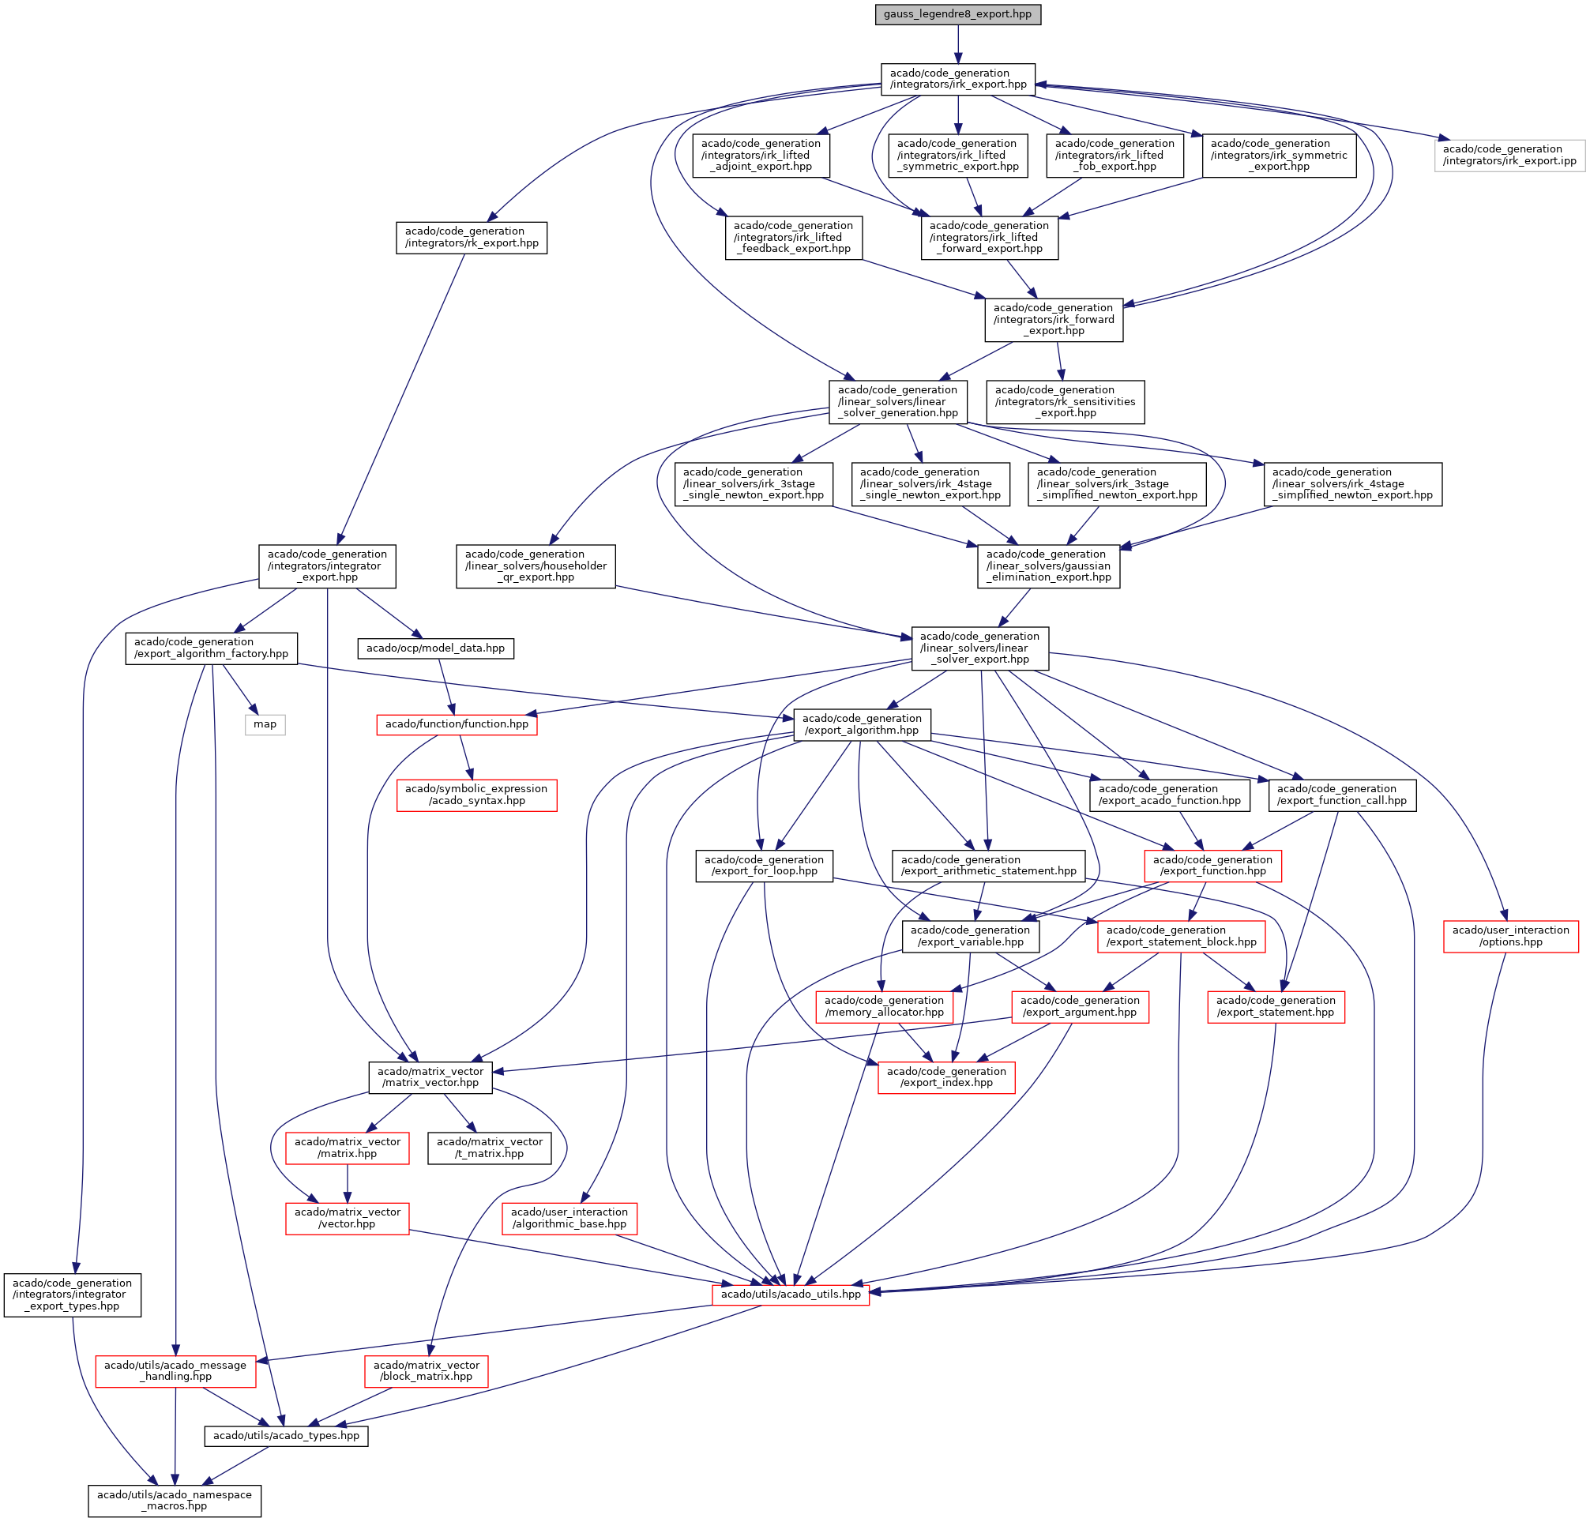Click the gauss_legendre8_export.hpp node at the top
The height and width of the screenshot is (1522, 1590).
pos(957,14)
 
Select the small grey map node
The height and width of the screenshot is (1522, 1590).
pos(265,724)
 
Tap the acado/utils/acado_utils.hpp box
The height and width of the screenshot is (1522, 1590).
pos(791,1294)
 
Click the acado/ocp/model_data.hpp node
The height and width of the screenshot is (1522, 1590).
pos(436,648)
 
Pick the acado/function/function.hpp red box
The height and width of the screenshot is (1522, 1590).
pos(457,724)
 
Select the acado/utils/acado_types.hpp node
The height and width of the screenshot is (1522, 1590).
pos(287,1435)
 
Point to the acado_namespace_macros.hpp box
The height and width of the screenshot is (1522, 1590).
pos(175,1500)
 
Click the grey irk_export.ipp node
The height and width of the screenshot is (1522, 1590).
pos(1509,155)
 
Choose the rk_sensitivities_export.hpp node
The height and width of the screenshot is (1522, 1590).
pos(1066,401)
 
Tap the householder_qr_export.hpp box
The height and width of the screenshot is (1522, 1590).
pos(536,566)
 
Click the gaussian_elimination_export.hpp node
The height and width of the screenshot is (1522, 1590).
pos(1048,566)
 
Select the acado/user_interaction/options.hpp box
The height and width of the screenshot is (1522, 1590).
pos(1510,936)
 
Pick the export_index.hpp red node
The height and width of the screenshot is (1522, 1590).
pos(946,1077)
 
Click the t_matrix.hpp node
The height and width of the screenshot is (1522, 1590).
pos(489,1148)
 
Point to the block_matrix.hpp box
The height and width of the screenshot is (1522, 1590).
pos(426,1371)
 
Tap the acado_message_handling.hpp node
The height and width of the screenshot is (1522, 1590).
pos(175,1371)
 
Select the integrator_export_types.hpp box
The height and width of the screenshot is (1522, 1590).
pos(72,1295)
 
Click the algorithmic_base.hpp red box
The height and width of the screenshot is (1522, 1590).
pos(569,1219)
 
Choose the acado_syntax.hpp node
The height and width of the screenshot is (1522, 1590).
pos(476,795)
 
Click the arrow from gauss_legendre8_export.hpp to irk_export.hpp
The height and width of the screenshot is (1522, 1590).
pos(957,43)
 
